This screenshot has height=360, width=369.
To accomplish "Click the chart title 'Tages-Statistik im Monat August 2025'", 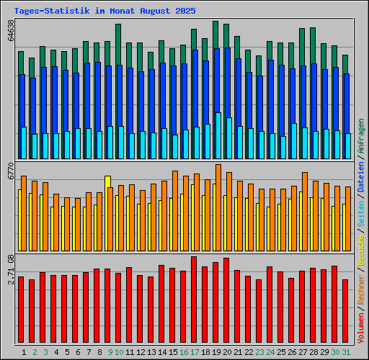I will pos(104,12).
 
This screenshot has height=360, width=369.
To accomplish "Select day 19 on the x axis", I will pos(216,352).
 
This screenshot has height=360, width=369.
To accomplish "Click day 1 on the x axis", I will pos(25,352).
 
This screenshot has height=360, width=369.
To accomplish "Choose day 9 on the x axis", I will pos(110,352).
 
